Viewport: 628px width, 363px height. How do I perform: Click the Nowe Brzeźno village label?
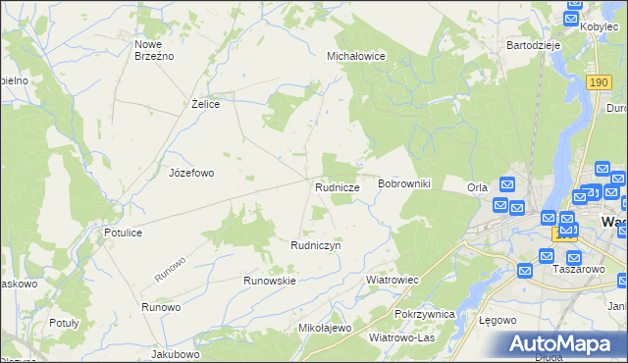[154, 50]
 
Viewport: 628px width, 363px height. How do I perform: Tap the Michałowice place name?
[355, 57]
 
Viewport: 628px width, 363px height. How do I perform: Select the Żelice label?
[204, 103]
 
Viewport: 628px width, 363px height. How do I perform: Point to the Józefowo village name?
[191, 173]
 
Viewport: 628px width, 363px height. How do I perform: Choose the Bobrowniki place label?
[404, 183]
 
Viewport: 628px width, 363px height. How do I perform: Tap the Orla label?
[478, 187]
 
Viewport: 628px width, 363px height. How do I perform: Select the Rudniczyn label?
[315, 245]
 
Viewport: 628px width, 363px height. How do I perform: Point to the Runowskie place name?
[270, 281]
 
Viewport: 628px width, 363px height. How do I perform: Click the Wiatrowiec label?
[392, 280]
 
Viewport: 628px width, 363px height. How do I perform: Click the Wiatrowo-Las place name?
[401, 337]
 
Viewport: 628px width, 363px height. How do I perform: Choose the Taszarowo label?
[577, 269]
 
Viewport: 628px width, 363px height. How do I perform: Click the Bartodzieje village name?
[533, 45]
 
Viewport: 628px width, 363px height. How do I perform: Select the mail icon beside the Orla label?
[506, 183]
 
